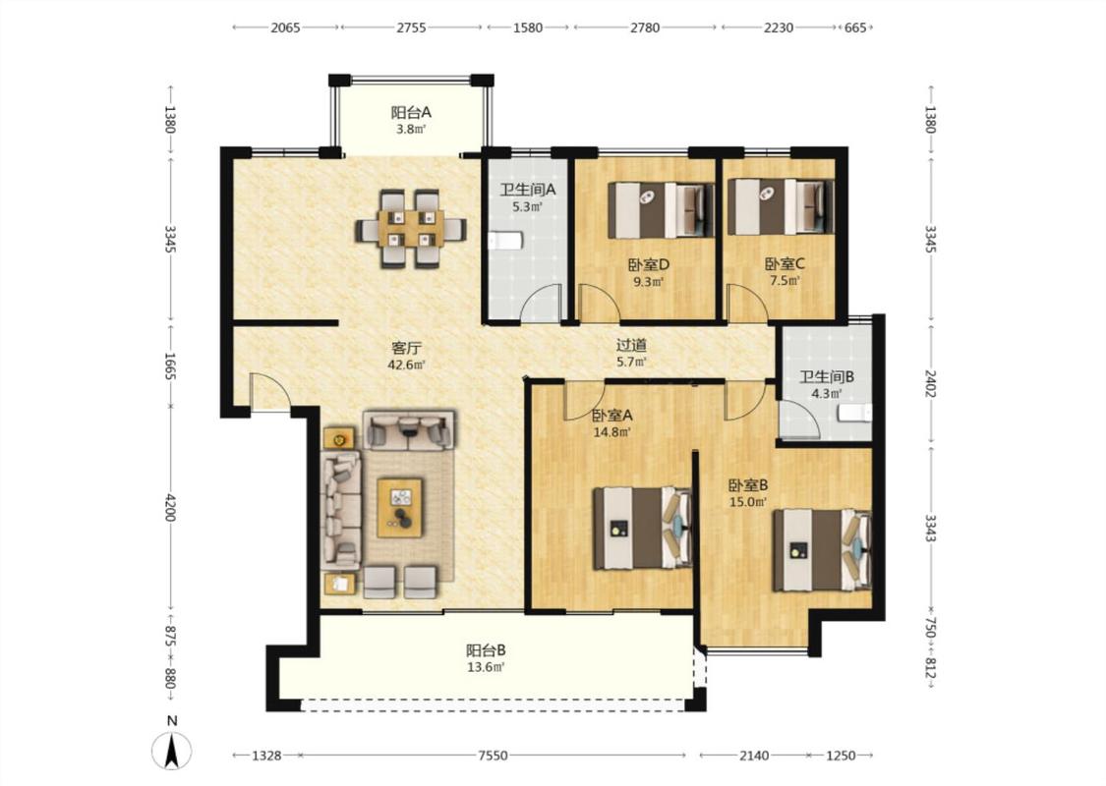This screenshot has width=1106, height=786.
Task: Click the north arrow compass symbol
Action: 171,750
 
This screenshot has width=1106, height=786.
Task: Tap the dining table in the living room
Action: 411,228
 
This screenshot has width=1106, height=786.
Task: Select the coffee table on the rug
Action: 400,508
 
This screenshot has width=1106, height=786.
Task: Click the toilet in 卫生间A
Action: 504,241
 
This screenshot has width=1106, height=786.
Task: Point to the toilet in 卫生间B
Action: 854,413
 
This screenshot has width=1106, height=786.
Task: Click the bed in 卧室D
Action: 661,209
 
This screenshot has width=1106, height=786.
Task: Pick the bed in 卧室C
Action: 781,206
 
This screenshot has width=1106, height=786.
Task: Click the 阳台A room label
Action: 411,112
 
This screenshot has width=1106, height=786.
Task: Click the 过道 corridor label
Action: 631,345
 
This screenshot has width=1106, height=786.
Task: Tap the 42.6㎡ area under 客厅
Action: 406,365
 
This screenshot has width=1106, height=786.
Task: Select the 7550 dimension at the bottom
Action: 493,756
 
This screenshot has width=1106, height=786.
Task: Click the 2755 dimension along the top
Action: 411,28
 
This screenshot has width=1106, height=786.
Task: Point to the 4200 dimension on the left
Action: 170,508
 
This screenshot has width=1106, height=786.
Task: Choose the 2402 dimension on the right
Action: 931,383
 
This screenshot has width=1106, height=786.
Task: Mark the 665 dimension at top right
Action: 855,28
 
